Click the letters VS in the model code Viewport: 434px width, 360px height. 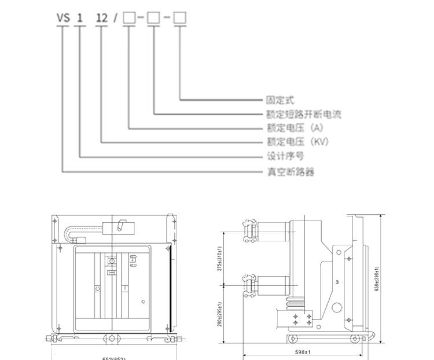pos(62,18)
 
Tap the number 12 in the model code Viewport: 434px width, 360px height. pos(102,18)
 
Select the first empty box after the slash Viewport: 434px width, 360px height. pos(129,18)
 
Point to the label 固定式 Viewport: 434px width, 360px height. pos(280,101)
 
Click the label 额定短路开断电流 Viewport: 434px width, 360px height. pos(303,115)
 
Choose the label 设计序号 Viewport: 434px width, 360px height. pos(285,156)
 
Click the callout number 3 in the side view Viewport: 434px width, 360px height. pos(337,282)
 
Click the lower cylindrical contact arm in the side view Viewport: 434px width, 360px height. pos(272,285)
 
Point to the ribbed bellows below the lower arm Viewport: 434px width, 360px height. pos(291,303)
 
